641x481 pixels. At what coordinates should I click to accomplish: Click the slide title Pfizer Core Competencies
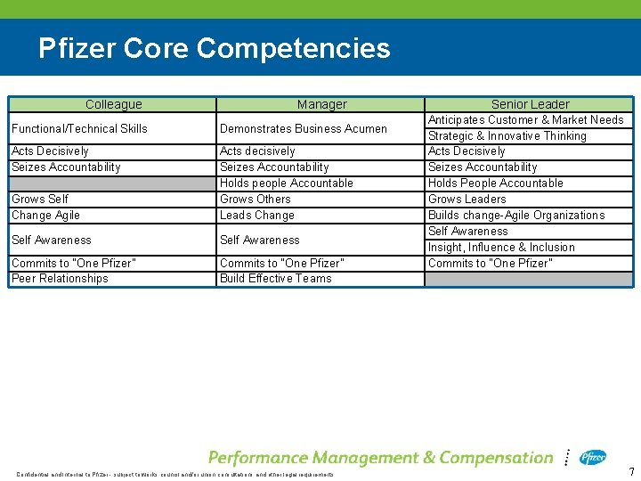click(214, 47)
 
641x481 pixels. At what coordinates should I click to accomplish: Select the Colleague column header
click(113, 104)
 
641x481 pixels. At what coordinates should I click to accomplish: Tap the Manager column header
click(321, 104)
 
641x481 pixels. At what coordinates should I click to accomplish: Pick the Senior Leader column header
click(530, 104)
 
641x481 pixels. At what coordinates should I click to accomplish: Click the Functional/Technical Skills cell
click(79, 128)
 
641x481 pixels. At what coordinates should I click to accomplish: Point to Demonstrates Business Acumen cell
click(303, 128)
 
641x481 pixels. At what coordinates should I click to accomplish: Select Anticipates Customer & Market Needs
click(525, 119)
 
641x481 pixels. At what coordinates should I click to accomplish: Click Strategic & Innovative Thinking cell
click(507, 135)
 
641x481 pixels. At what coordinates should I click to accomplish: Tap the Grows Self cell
click(40, 199)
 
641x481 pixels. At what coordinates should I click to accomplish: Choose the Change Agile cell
click(45, 215)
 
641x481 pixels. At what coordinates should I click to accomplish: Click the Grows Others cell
click(255, 199)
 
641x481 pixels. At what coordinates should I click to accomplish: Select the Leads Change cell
click(256, 215)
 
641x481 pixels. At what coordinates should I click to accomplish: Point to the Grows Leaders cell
click(467, 199)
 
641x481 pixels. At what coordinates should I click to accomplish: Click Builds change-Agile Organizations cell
click(515, 215)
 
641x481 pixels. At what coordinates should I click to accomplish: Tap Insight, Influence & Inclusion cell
click(501, 247)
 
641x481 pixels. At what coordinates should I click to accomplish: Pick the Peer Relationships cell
click(60, 278)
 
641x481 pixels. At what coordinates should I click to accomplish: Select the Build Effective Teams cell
click(275, 278)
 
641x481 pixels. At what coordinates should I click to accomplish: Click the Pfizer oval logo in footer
click(593, 457)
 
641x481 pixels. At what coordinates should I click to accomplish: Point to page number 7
click(631, 471)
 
